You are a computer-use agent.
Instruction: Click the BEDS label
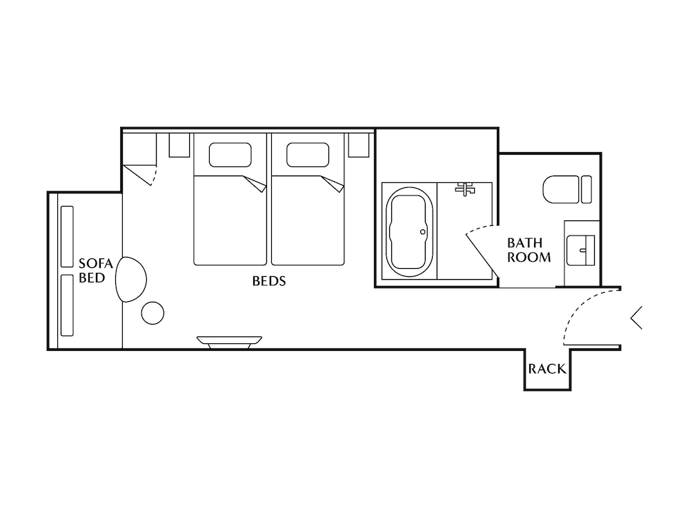point(269,282)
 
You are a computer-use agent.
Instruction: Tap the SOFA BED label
point(92,270)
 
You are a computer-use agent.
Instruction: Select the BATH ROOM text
point(529,250)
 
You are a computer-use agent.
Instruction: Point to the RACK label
point(547,370)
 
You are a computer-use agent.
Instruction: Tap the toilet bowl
point(560,189)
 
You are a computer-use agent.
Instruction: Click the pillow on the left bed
point(230,155)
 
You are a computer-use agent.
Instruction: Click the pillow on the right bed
point(308,155)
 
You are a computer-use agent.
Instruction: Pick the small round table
point(152,313)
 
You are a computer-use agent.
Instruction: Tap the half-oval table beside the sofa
point(132,278)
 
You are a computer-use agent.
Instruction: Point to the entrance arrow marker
point(636,317)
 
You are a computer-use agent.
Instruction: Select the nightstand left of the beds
point(179,145)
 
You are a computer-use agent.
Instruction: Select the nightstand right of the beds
point(358,145)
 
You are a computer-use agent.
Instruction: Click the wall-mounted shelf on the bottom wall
point(229,340)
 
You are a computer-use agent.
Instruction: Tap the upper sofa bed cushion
point(67,237)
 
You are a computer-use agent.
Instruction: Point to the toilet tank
point(586,189)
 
